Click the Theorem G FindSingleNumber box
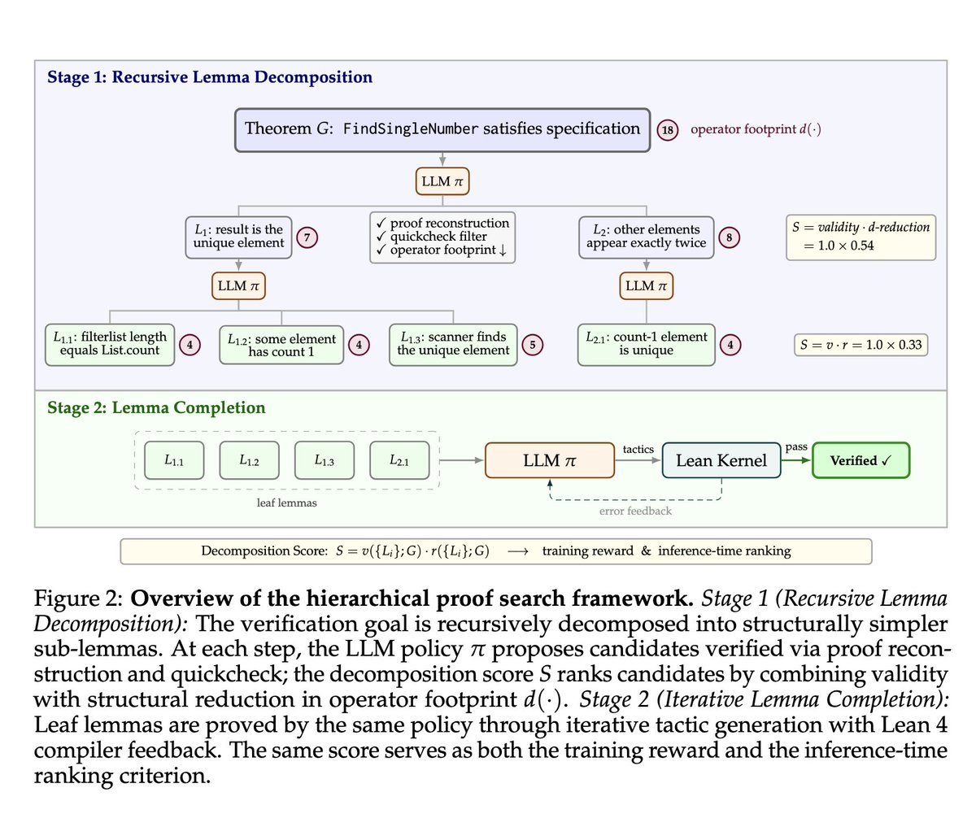(x=442, y=129)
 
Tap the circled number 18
(x=668, y=130)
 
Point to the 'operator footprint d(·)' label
(x=755, y=129)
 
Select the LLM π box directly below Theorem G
(x=442, y=181)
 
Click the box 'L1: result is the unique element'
(x=238, y=237)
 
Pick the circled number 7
(x=307, y=237)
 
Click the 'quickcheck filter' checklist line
(x=438, y=237)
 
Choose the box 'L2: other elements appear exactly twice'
(x=646, y=237)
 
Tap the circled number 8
(x=729, y=237)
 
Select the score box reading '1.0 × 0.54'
(x=861, y=237)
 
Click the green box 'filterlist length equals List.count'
(x=110, y=344)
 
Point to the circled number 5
(x=533, y=345)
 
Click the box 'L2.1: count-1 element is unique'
(x=646, y=344)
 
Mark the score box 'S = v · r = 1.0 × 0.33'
(x=861, y=345)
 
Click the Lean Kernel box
(x=721, y=461)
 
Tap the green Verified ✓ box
(x=861, y=461)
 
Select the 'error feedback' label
(x=635, y=511)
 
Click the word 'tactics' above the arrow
(x=638, y=449)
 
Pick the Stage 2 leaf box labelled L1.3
(x=324, y=461)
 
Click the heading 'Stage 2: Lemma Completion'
(x=156, y=408)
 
